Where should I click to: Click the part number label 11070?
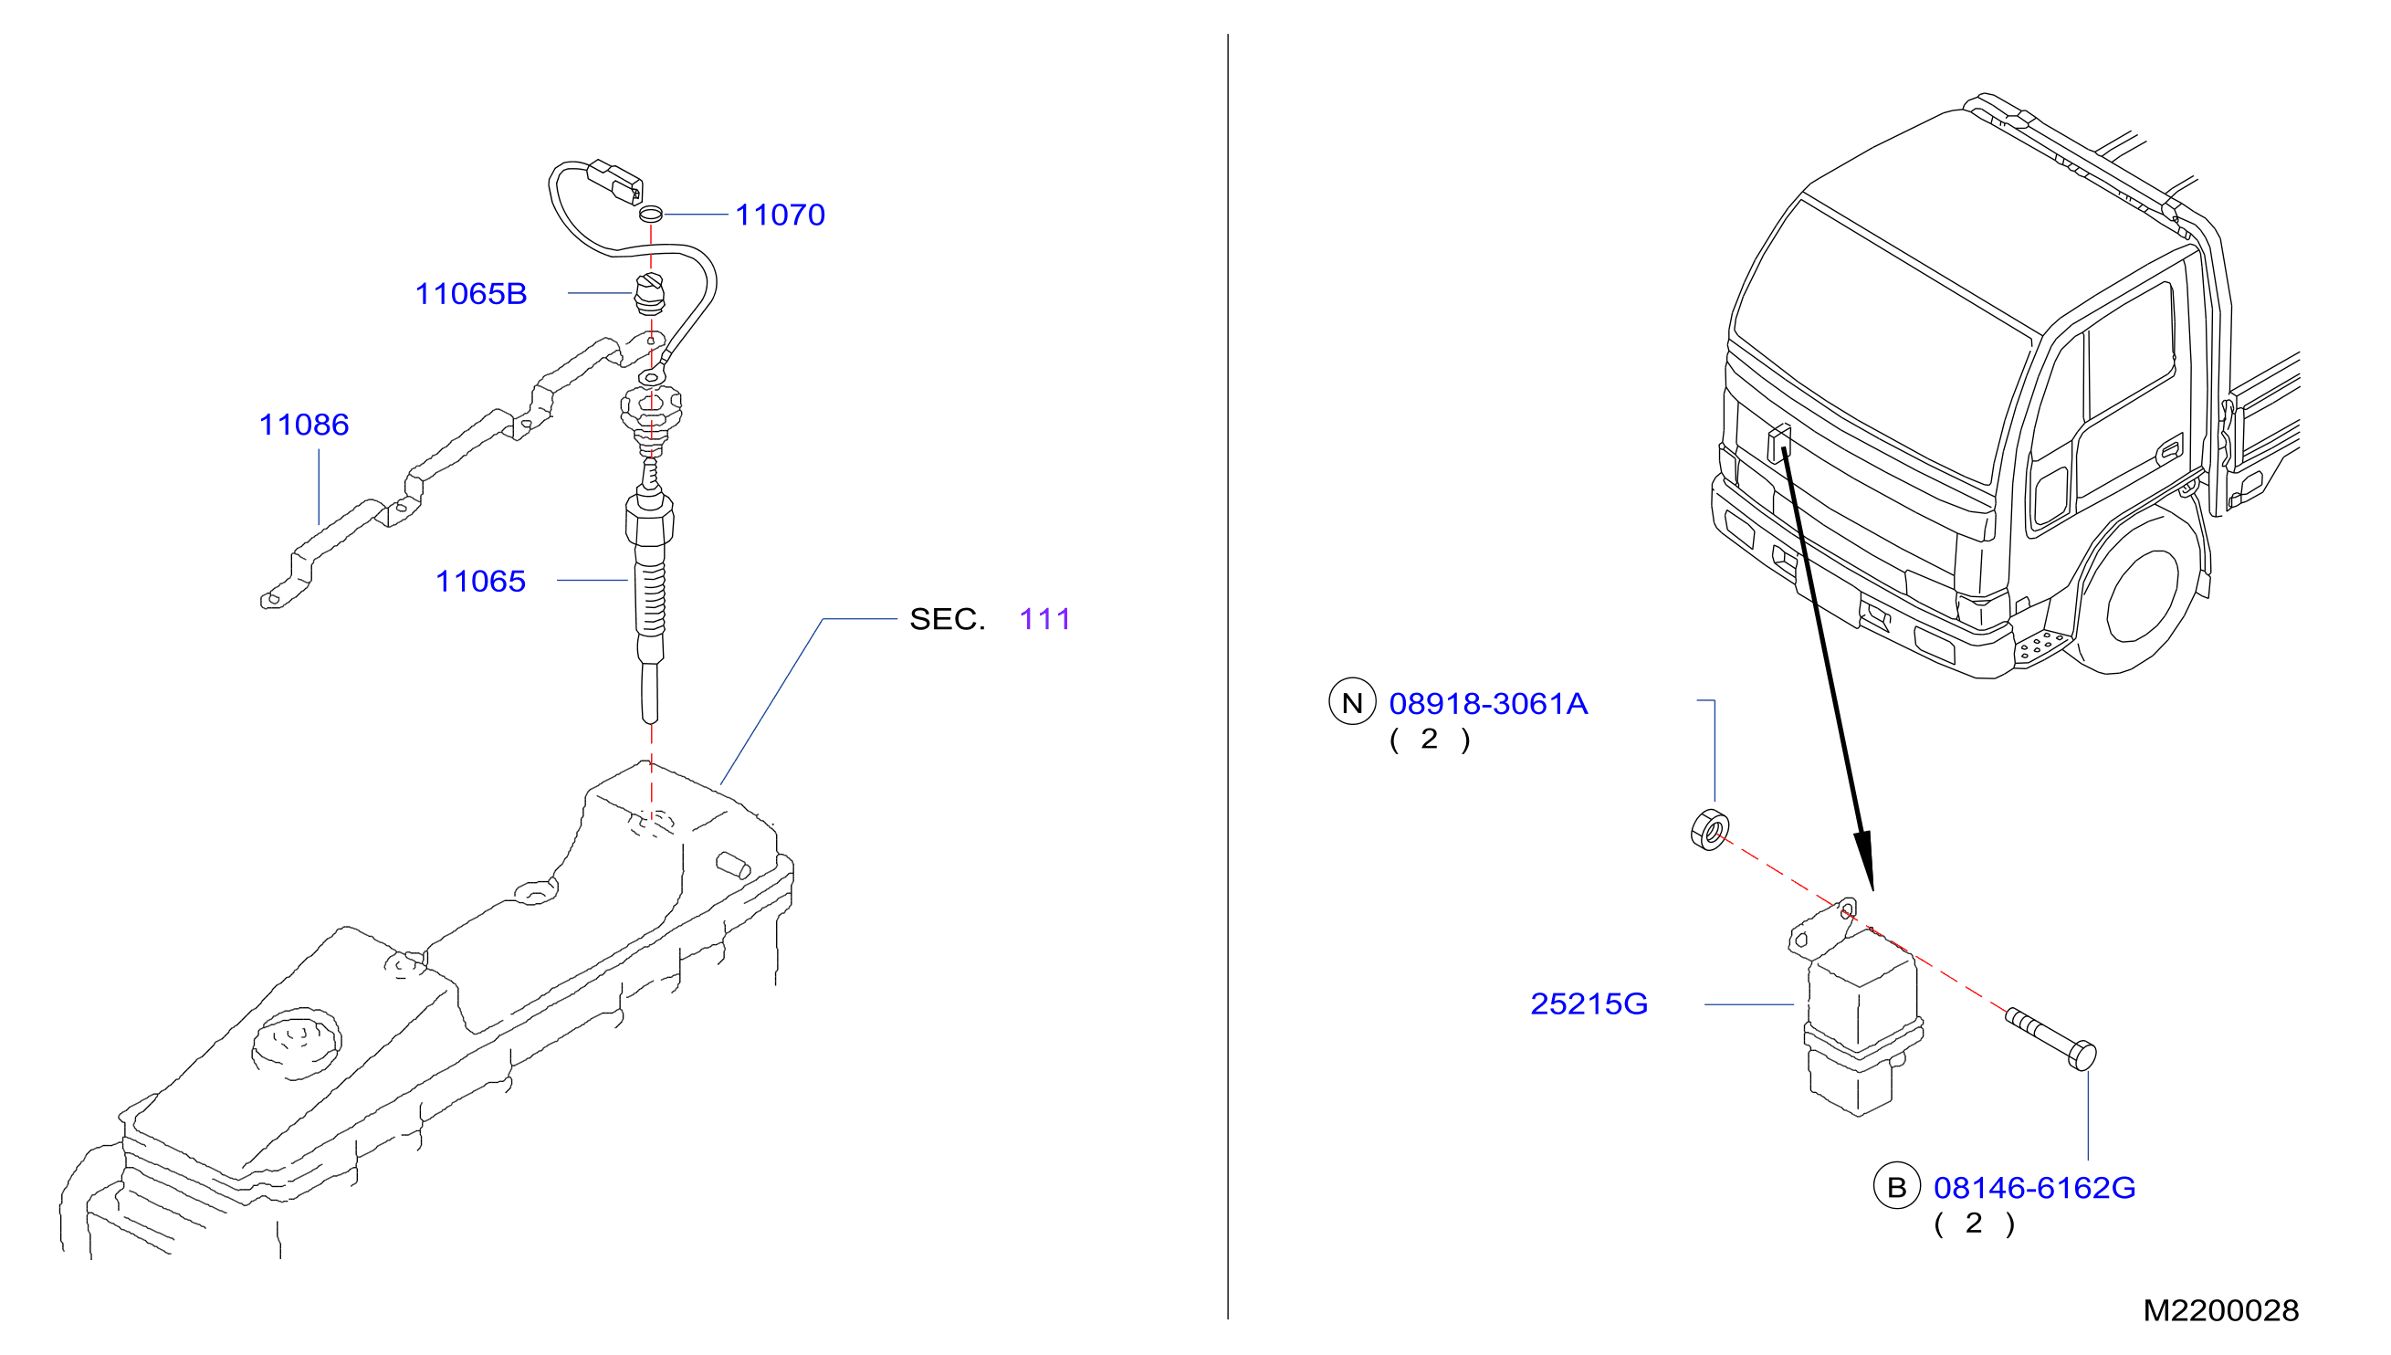click(780, 215)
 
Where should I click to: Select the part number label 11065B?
click(471, 294)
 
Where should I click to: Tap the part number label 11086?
click(304, 425)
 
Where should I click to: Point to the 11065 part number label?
click(481, 582)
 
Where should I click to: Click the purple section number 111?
click(1044, 619)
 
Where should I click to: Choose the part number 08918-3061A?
click(1487, 704)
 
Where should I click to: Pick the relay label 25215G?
click(1589, 1004)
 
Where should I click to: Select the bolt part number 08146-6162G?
click(2034, 1189)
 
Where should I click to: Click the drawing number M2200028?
click(2221, 1311)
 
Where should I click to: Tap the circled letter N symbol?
click(1352, 703)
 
